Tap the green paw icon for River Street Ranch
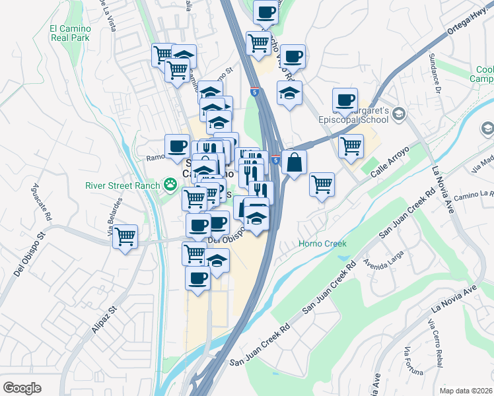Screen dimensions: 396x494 coord(171,184)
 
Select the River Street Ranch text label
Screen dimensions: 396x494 coord(123,185)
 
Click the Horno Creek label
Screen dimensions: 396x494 coord(323,244)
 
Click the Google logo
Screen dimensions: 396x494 coord(21,388)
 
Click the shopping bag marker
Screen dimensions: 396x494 coord(294,161)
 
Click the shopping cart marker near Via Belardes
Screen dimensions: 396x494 coord(125,236)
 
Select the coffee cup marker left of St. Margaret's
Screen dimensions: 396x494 coord(345,100)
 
